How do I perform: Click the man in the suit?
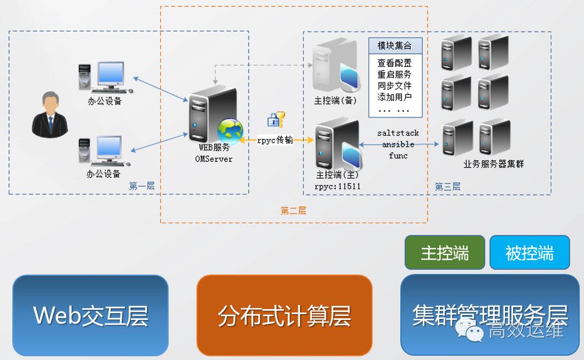50,115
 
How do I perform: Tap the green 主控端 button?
445,253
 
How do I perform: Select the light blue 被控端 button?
530,253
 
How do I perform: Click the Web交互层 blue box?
90,315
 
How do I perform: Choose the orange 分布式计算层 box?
284,315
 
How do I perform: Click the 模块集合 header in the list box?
395,46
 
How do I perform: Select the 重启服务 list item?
394,75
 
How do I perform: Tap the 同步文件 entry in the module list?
394,86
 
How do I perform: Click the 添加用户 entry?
394,97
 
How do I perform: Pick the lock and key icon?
276,119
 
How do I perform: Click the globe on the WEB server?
230,131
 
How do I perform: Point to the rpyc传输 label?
275,140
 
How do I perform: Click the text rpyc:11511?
338,186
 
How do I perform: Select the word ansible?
398,144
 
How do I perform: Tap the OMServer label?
214,159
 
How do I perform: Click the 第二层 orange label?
294,210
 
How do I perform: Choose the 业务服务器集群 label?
494,164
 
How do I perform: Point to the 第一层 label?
142,186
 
